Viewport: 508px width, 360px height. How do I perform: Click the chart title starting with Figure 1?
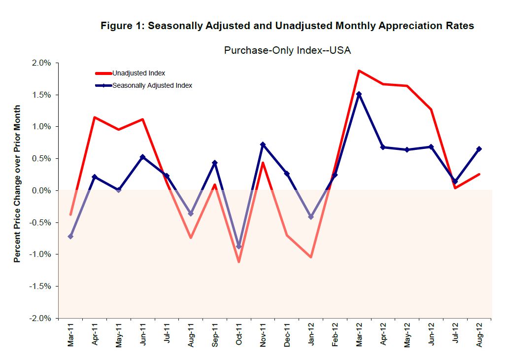point(287,26)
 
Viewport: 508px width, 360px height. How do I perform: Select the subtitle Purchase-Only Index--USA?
point(287,50)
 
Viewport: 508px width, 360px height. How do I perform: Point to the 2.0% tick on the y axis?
point(42,63)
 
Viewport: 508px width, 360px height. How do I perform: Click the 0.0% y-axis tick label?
point(42,190)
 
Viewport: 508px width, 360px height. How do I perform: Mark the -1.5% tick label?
point(41,286)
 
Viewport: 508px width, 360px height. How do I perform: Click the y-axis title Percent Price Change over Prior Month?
point(18,183)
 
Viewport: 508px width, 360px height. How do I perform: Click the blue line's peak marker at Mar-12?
point(359,94)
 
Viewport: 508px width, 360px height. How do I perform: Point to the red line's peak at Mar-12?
point(359,71)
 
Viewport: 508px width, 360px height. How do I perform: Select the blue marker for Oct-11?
point(239,247)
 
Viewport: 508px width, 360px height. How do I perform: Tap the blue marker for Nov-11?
point(263,144)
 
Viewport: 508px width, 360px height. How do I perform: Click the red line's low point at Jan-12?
point(311,257)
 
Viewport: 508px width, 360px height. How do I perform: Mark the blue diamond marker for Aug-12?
point(479,149)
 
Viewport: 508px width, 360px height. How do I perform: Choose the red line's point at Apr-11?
point(94,117)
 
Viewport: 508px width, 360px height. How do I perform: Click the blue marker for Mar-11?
point(70,237)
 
